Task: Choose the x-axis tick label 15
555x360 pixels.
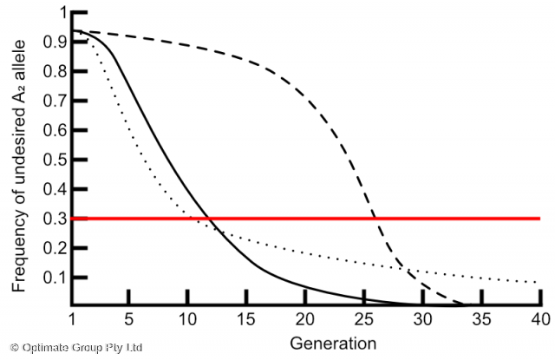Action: coord(246,317)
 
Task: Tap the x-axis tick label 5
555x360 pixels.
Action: coord(128,317)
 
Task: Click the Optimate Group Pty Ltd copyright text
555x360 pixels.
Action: coord(75,348)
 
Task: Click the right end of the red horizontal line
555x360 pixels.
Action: coord(540,218)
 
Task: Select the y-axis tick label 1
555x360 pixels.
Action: coord(60,12)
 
